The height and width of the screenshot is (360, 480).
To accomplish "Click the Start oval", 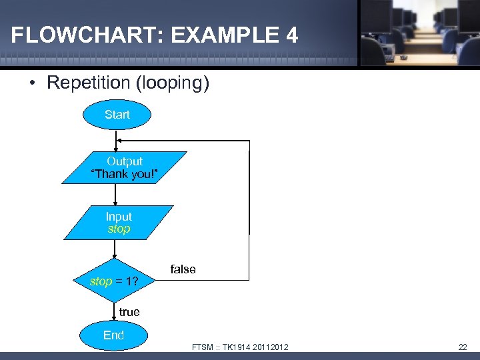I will coord(117,115).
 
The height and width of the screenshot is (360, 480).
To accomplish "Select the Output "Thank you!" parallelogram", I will coord(125,167).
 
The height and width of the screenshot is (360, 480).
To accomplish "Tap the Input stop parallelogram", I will coord(119,223).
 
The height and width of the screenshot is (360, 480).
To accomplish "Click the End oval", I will coord(113,335).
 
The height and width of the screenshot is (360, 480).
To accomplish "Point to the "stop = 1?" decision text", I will coord(114,281).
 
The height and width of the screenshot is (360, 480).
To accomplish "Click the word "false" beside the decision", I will coord(183,269).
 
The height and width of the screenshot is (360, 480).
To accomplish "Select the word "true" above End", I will coord(129,312).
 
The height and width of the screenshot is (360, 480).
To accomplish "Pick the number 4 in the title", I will coord(291,35).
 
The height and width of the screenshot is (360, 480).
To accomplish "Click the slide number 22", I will coord(463,347).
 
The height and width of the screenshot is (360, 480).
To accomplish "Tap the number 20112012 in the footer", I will coord(271,347).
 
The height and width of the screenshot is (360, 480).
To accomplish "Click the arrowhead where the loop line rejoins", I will coord(119,141).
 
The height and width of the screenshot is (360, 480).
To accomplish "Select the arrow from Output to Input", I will coord(116,195).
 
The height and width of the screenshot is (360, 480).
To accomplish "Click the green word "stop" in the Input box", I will coord(119,229).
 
